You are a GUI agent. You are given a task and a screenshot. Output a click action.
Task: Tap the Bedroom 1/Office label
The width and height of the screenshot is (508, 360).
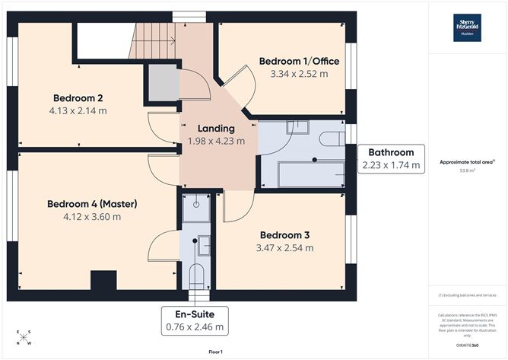(x=299, y=61)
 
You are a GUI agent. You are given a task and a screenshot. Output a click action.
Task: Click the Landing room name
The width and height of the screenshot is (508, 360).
(x=216, y=128)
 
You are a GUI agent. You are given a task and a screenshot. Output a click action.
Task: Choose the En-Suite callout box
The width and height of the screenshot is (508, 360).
(x=195, y=320)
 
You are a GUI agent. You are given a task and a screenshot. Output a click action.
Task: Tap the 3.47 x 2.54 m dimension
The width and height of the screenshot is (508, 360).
(x=285, y=247)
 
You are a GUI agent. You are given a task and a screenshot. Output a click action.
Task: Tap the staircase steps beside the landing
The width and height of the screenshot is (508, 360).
(x=154, y=42)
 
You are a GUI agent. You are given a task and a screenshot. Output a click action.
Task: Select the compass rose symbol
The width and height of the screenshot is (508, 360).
(x=24, y=337)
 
